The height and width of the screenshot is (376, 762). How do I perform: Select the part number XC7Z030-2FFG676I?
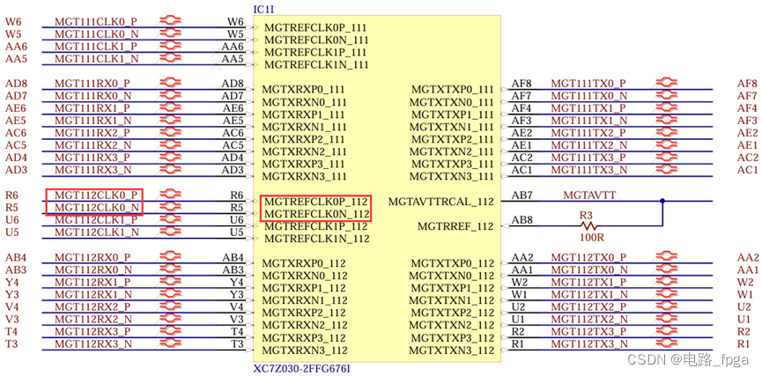(x=301, y=367)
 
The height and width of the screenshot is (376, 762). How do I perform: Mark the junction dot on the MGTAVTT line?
(x=662, y=201)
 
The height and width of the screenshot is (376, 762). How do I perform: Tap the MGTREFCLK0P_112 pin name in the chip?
(x=316, y=202)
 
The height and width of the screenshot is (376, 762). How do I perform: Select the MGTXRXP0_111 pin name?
(x=304, y=90)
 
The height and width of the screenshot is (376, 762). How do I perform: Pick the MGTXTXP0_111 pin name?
(x=453, y=90)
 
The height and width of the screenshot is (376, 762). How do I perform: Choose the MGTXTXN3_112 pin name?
(x=453, y=350)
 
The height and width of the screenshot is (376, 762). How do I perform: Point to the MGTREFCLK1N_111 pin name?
(x=316, y=65)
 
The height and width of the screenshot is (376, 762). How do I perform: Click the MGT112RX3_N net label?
(x=93, y=344)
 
